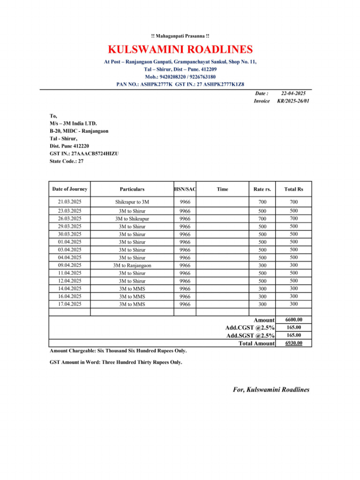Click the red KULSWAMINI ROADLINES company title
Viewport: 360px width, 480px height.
point(180,50)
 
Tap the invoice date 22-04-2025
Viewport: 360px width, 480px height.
point(293,94)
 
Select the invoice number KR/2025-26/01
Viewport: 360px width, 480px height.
point(293,101)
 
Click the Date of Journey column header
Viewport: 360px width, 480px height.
point(69,189)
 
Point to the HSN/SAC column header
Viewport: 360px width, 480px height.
point(184,189)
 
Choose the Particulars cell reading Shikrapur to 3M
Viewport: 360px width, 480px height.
point(132,202)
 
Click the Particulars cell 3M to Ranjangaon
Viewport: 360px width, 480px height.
point(132,265)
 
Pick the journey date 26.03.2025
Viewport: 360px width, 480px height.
point(69,219)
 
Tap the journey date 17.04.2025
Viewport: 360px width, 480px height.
point(69,304)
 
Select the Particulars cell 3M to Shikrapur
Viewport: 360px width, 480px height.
point(132,219)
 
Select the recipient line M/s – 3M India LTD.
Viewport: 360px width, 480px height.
point(73,123)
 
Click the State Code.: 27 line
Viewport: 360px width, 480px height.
point(66,161)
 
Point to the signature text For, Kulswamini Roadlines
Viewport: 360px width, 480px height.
point(271,390)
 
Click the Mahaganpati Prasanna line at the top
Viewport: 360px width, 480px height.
point(180,36)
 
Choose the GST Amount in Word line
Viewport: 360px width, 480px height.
point(116,362)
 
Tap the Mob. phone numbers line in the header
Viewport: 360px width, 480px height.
point(180,76)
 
